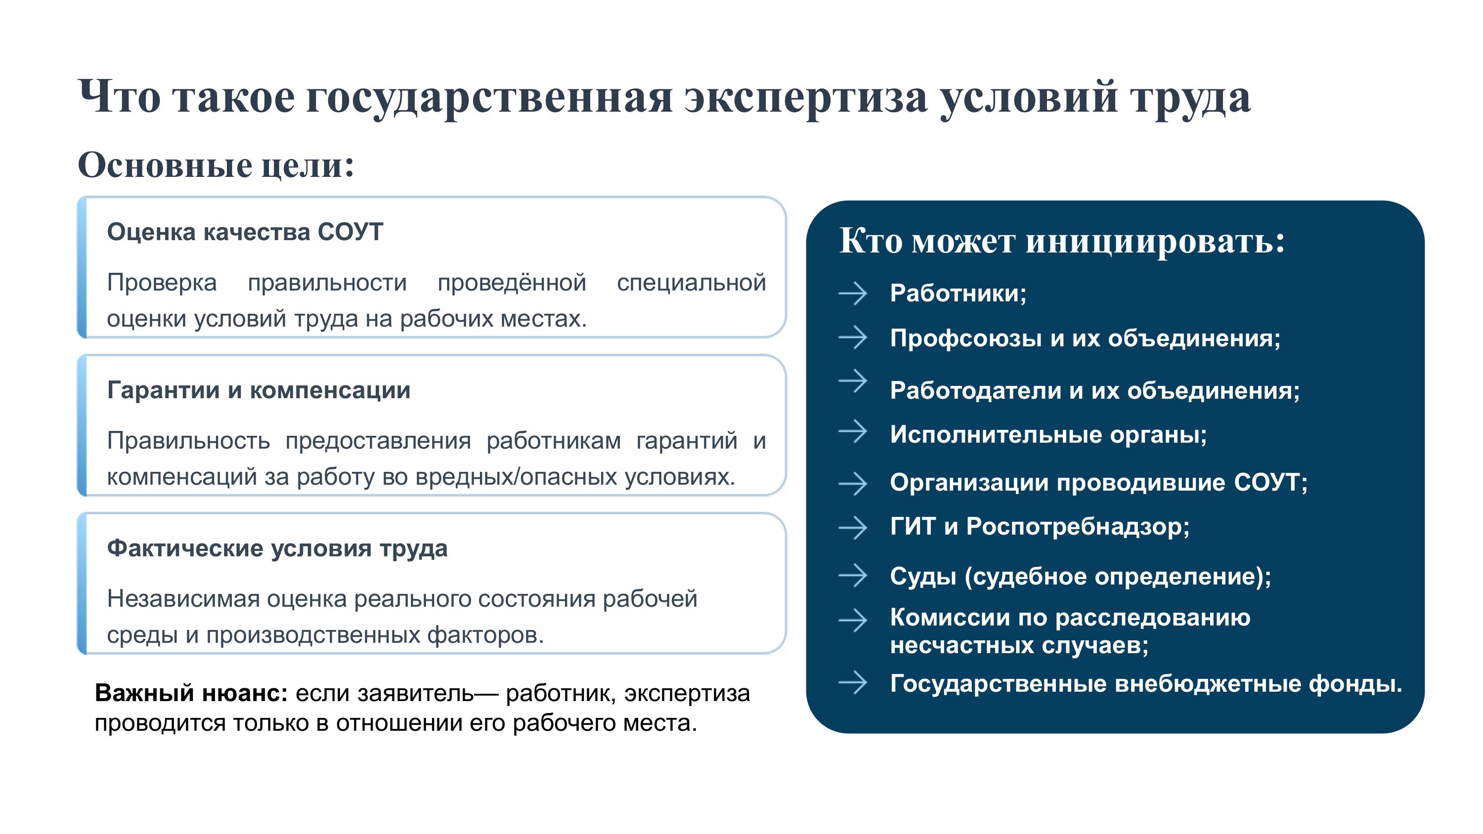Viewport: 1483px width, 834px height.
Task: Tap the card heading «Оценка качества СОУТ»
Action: tap(245, 232)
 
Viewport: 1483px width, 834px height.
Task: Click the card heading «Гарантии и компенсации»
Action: tap(259, 390)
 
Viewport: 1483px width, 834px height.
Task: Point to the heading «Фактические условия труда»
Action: tap(277, 548)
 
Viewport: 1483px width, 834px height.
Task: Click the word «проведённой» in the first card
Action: tap(512, 283)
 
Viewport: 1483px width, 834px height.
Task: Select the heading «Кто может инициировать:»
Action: tap(1062, 240)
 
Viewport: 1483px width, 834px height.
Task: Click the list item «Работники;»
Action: tap(958, 293)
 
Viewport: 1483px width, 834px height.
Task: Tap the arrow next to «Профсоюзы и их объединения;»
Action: tap(853, 337)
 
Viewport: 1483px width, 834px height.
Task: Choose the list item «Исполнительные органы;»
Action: tap(1048, 435)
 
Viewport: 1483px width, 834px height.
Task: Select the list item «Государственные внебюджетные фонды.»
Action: tap(1146, 684)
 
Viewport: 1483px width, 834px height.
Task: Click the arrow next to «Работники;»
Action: tap(853, 293)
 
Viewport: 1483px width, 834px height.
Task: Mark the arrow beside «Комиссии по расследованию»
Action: tap(853, 620)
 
